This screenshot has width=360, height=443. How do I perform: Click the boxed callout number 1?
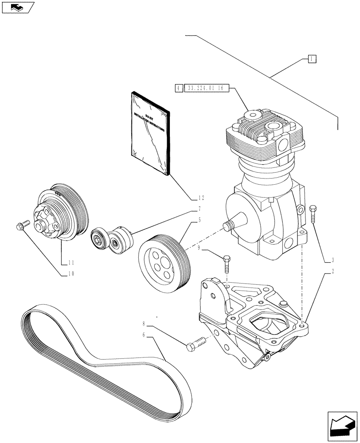pos(312,58)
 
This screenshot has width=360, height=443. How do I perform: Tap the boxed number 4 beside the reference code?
pos(178,89)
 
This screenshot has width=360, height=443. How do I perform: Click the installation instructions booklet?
pos(150,132)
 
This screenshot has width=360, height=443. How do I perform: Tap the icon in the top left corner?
pos(16,8)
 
